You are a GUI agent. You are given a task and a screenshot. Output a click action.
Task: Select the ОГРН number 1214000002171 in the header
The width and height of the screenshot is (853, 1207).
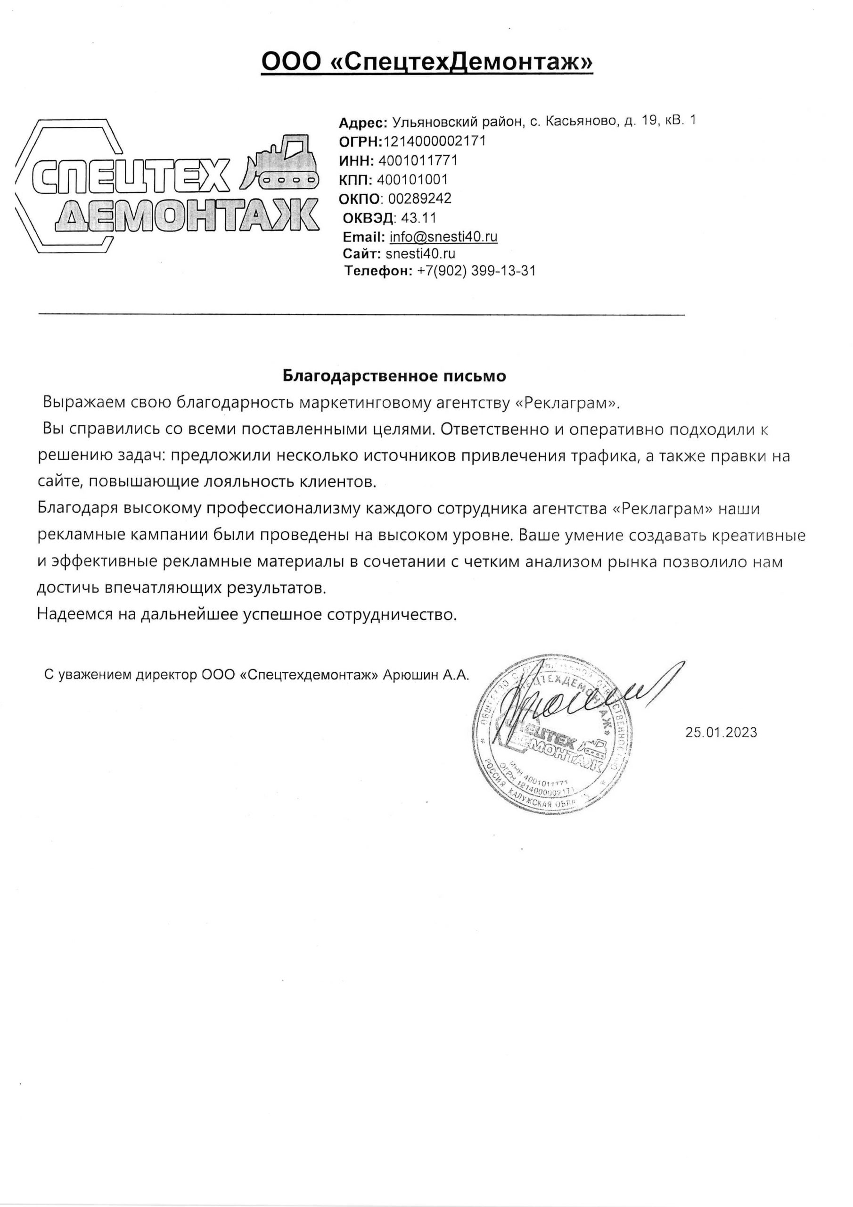(435, 141)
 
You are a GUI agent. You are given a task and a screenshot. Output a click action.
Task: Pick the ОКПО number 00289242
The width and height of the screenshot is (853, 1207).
(419, 198)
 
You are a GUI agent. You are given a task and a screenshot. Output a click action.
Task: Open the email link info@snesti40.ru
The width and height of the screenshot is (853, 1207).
(443, 237)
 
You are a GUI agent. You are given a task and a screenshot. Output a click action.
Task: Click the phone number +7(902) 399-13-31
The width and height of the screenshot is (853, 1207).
(476, 271)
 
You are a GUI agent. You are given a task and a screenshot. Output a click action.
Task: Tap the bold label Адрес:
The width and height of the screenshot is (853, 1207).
(363, 123)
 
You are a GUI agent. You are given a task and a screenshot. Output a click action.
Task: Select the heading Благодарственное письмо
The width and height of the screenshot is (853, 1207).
(394, 376)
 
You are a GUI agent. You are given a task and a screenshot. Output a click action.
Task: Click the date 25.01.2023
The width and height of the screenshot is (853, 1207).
(721, 732)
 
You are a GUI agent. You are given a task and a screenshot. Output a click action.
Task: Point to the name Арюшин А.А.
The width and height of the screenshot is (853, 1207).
(426, 675)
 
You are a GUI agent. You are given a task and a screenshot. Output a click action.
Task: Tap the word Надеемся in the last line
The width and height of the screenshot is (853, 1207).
(74, 614)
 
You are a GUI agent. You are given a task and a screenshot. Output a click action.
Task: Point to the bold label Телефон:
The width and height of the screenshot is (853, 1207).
(378, 271)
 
